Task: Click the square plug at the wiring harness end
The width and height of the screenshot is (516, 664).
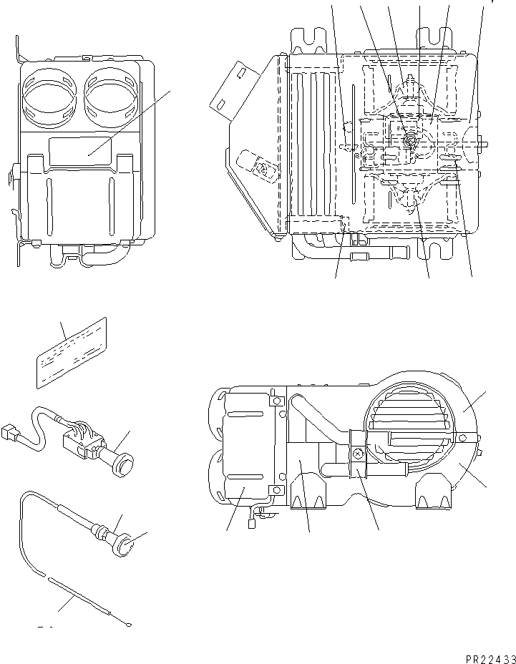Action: [11, 433]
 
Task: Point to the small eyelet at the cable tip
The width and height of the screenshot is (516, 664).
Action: [127, 625]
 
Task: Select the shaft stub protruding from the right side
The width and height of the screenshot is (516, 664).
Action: [484, 140]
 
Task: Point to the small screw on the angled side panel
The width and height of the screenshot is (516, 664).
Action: [263, 169]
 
